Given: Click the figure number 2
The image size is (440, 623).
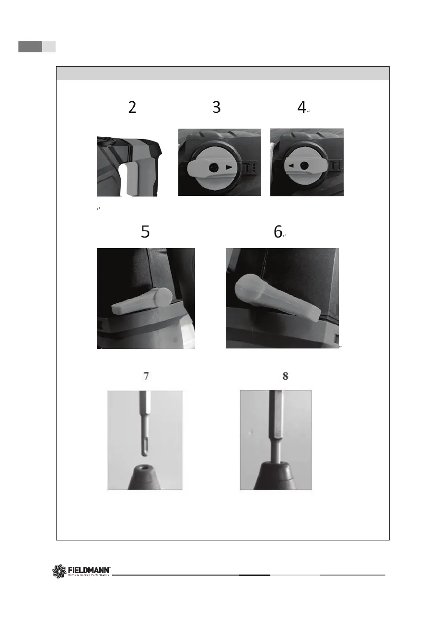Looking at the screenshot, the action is [x=132, y=107].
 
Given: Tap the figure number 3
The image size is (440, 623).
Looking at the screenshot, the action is [x=216, y=107].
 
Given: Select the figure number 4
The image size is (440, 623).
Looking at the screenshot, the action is [x=301, y=107].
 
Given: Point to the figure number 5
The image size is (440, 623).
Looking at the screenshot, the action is [x=145, y=231].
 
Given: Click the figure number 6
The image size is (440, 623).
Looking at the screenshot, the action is [x=278, y=231].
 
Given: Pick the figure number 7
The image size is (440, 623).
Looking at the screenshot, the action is [x=146, y=376].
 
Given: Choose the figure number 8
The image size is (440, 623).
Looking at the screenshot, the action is [x=285, y=376].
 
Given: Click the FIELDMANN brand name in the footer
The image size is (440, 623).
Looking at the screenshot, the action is [x=89, y=570].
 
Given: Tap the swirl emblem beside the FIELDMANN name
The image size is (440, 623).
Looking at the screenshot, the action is [x=59, y=571].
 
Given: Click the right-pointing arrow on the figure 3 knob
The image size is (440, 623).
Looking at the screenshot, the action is [x=229, y=168].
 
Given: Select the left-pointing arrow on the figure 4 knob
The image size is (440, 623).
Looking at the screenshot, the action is [x=291, y=166].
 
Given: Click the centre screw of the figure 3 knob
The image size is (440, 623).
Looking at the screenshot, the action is [x=214, y=167].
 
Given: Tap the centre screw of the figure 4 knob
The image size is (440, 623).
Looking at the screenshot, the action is [x=304, y=166].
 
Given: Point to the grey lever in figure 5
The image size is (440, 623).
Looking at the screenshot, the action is [x=142, y=301].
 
